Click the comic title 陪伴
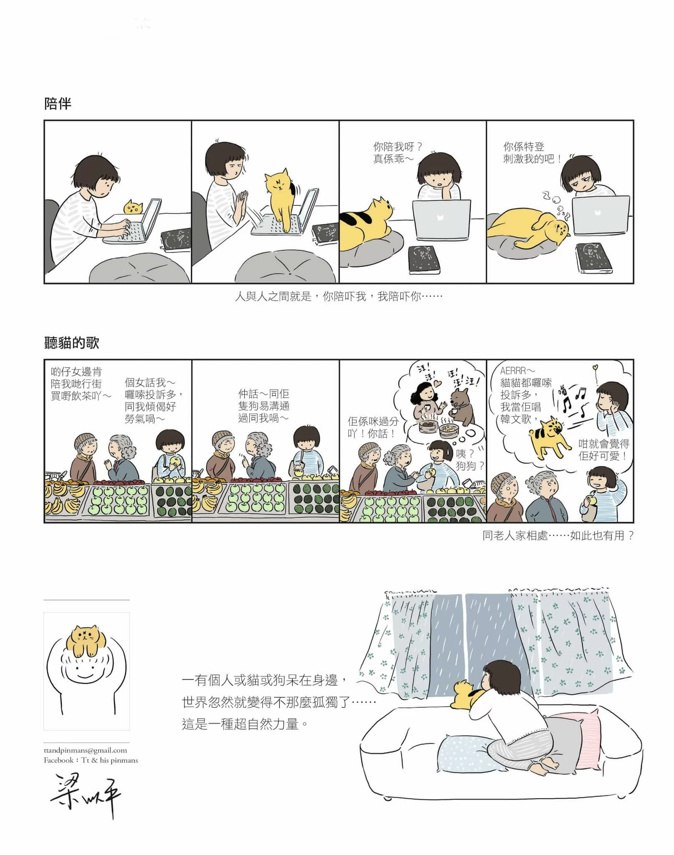click(x=58, y=104)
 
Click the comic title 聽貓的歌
click(x=71, y=343)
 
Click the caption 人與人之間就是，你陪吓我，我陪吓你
click(x=338, y=297)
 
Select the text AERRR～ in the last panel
click(x=518, y=371)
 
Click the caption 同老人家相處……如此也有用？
click(x=558, y=536)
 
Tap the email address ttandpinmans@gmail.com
click(x=85, y=750)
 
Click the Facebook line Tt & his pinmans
click(x=91, y=760)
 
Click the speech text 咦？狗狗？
click(x=469, y=460)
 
